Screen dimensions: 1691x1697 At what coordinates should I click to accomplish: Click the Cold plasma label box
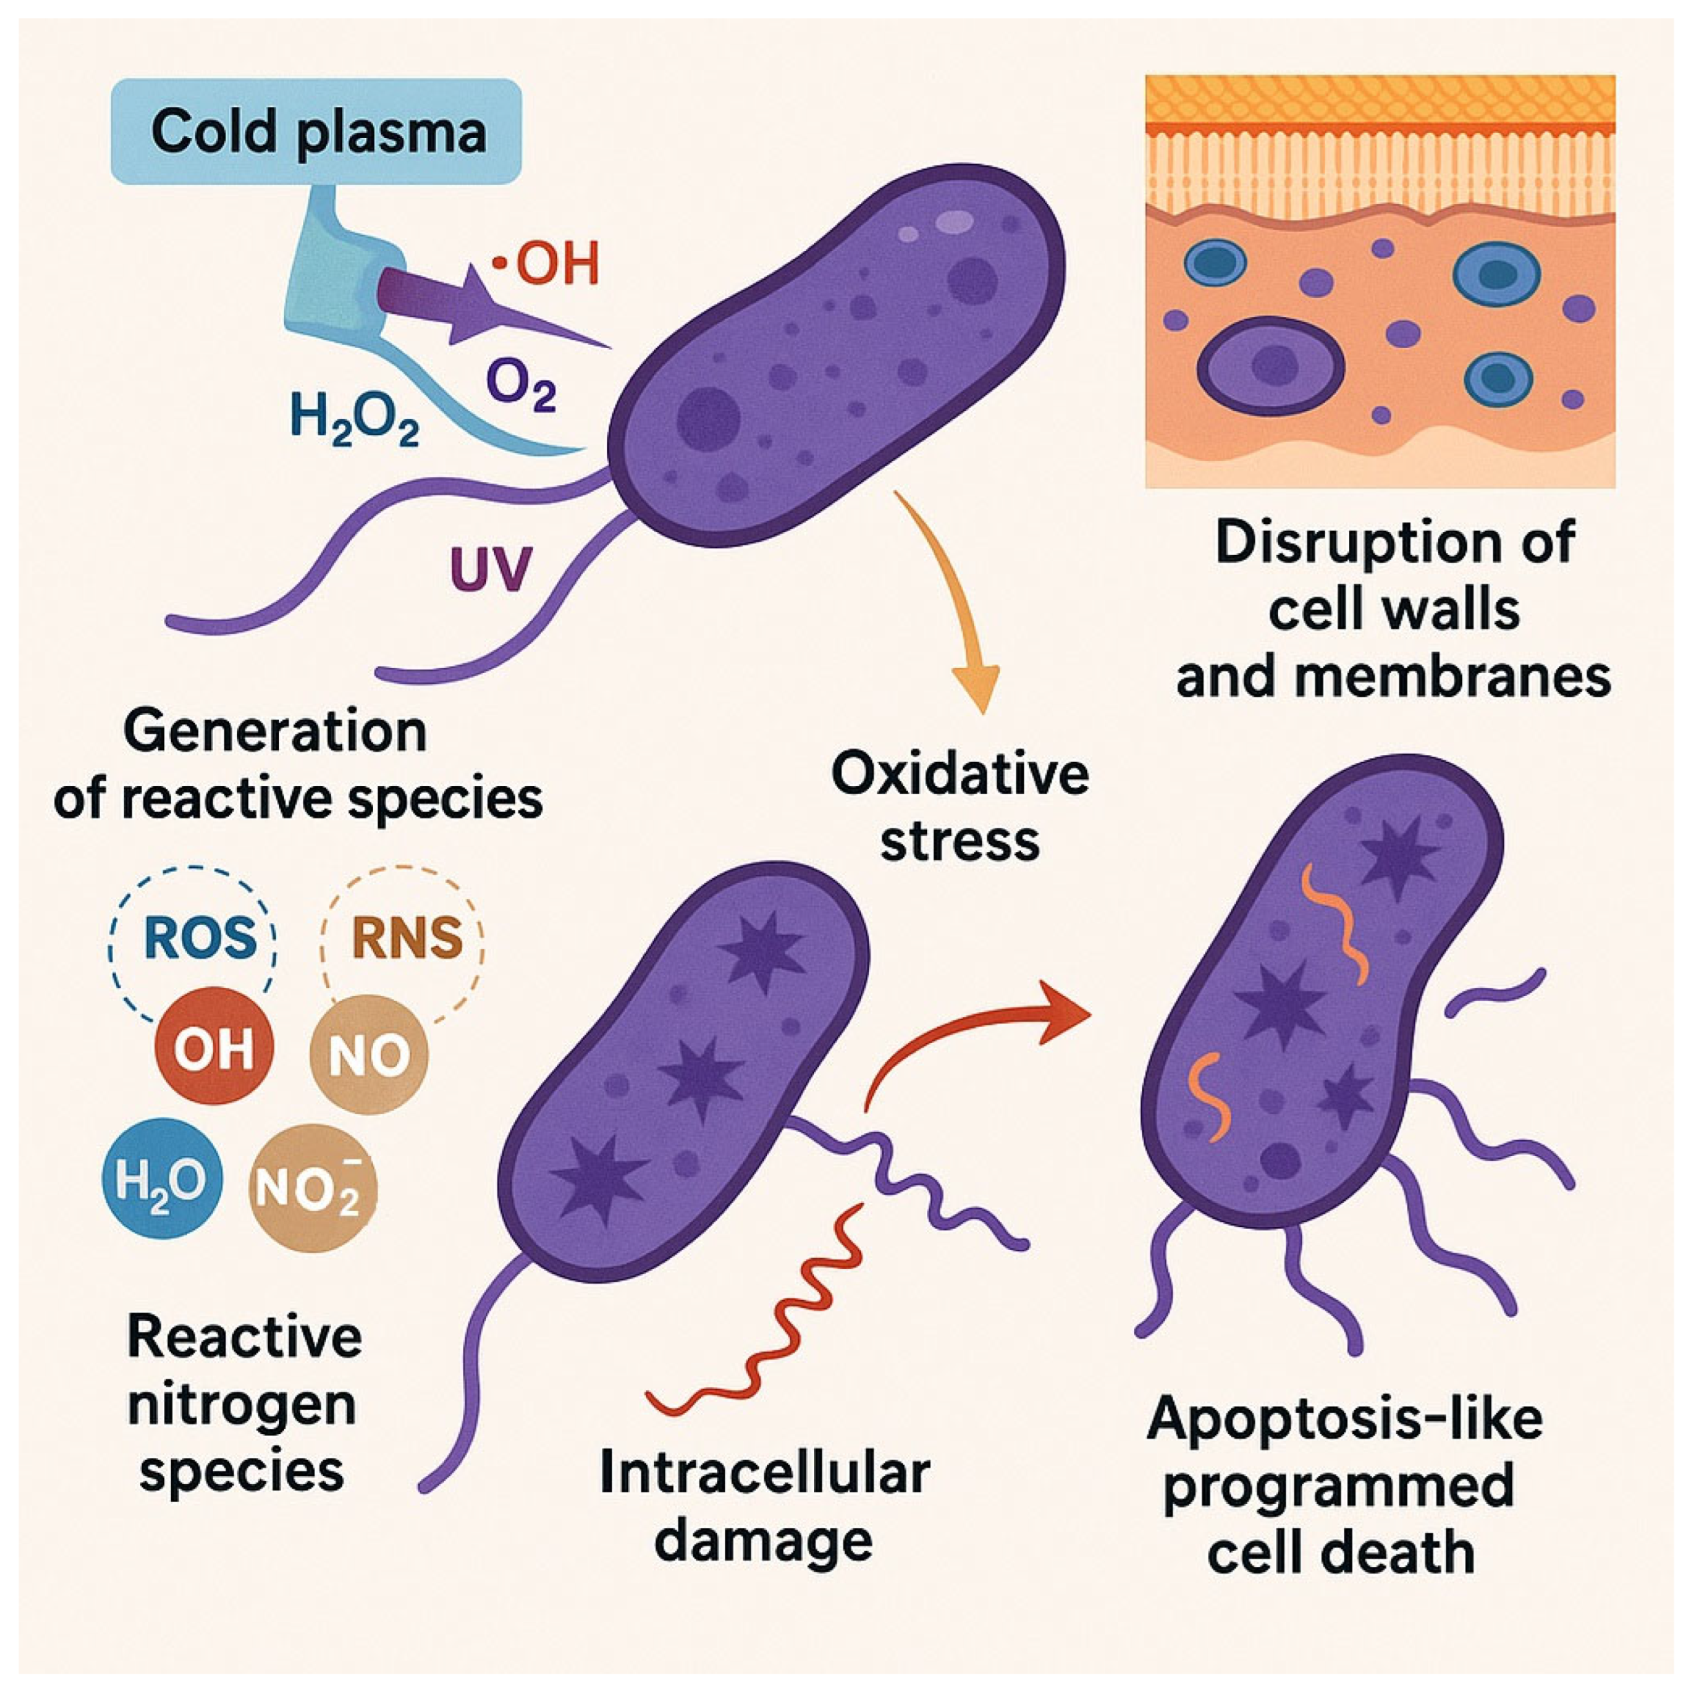pyautogui.click(x=317, y=132)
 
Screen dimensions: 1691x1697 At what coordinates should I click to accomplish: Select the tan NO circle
pyautogui.click(x=369, y=1055)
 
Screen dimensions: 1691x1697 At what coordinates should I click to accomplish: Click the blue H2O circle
pyautogui.click(x=163, y=1179)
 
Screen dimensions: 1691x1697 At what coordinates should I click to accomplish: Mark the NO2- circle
pyautogui.click(x=313, y=1189)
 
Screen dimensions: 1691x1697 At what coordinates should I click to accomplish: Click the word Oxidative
pyautogui.click(x=959, y=776)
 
